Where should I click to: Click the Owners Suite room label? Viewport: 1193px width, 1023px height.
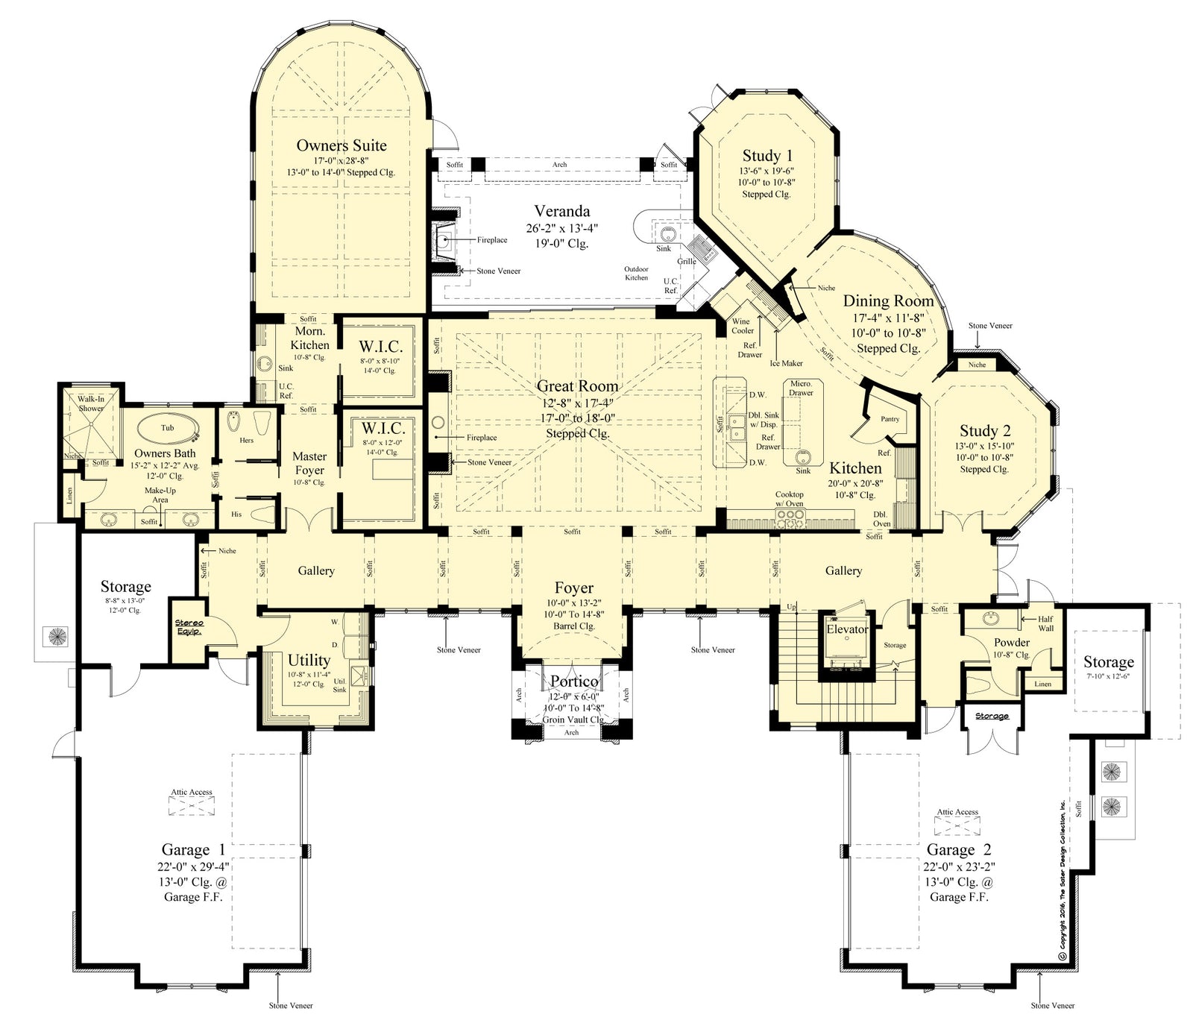click(x=341, y=145)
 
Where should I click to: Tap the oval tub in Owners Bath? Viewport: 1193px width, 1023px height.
click(x=168, y=429)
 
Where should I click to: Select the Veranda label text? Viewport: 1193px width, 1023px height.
click(x=561, y=211)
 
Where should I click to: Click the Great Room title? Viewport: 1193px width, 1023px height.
click(x=577, y=386)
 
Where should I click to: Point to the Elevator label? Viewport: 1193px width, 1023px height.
click(x=847, y=629)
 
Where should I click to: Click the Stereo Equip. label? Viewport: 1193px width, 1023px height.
click(x=189, y=627)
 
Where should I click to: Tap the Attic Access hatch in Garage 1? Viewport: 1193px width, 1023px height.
click(x=192, y=806)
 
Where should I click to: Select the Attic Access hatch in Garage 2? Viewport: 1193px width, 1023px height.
click(x=957, y=825)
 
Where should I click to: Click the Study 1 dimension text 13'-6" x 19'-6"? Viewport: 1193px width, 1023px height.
click(x=767, y=171)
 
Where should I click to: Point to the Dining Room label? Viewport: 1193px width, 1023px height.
click(x=888, y=300)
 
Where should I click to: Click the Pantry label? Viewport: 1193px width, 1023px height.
click(x=890, y=419)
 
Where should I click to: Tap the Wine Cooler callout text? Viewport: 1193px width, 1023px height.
click(x=742, y=327)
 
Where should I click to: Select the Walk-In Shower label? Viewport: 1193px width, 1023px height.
click(x=91, y=403)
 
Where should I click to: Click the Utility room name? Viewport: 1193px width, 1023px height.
click(x=309, y=660)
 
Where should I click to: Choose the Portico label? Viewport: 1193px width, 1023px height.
click(x=573, y=682)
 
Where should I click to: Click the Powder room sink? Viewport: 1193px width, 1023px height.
click(x=991, y=619)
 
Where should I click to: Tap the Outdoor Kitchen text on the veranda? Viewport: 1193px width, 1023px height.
click(x=636, y=273)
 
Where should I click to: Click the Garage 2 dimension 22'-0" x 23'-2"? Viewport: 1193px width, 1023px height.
click(x=959, y=866)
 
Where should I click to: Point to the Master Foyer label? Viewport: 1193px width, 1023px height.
click(x=309, y=463)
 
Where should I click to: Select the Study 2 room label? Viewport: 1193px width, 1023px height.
click(x=985, y=431)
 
